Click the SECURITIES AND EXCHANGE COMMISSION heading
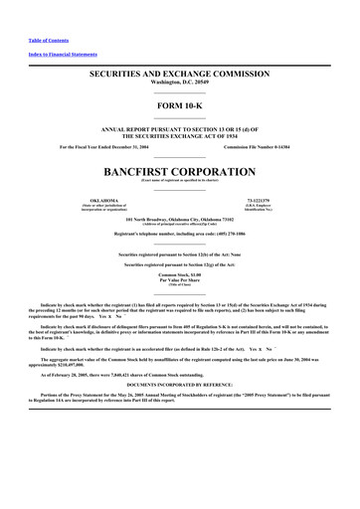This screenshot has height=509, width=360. pos(180,75)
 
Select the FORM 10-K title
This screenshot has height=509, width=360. pos(180,104)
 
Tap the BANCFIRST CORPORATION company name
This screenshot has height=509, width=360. pos(180,170)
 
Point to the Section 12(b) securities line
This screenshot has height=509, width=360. pos(180,254)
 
